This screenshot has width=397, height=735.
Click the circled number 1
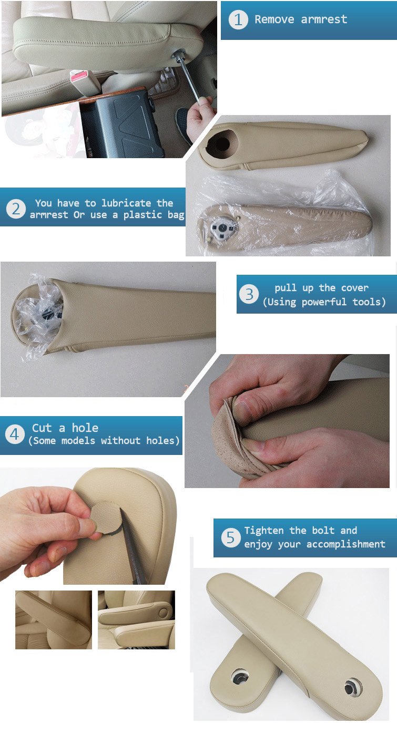(x=238, y=19)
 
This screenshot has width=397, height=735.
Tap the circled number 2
(x=16, y=209)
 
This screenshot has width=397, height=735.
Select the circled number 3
(x=249, y=294)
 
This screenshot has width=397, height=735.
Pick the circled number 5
(x=231, y=537)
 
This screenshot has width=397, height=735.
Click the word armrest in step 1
(x=324, y=19)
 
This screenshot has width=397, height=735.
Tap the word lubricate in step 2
(x=126, y=203)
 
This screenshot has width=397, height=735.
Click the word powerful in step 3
(x=324, y=302)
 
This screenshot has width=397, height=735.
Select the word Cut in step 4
(x=42, y=428)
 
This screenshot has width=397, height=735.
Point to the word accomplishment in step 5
(x=345, y=544)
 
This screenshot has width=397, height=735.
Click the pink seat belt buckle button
(x=78, y=77)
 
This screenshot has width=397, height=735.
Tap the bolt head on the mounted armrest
(x=179, y=54)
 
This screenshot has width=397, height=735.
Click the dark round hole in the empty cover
(x=220, y=143)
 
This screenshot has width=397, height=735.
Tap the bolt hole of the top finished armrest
(x=353, y=686)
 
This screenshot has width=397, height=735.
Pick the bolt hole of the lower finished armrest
(x=240, y=677)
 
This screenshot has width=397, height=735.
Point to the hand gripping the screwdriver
(x=199, y=119)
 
